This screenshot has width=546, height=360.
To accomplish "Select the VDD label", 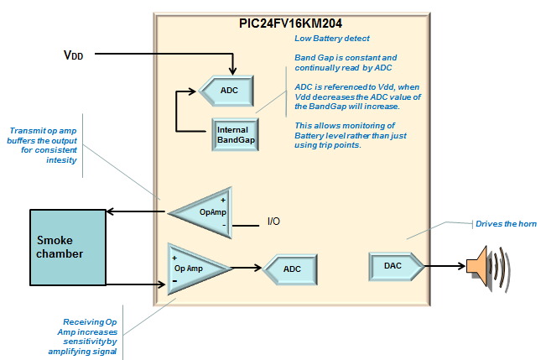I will click(x=74, y=55).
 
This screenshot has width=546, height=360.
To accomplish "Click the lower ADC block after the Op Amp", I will click(x=290, y=269).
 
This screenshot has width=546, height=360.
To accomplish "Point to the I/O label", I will click(x=273, y=222).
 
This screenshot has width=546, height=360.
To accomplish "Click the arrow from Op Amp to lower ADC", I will click(x=247, y=269).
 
